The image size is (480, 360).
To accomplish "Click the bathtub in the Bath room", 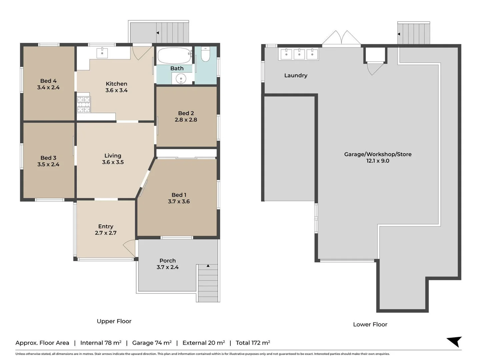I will pos(174,55).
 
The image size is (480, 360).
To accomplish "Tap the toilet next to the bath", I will pos(205,55).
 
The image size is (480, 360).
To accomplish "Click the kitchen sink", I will pos(102,53).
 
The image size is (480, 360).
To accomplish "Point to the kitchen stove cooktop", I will pos(84,104).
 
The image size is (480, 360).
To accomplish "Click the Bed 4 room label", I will pos(48,81).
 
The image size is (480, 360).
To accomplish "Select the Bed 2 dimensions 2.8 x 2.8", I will pos(186,120).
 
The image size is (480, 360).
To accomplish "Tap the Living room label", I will pos(113,156).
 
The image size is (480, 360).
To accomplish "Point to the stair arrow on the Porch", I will pos(208,266).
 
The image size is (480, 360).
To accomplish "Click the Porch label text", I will pos(167,261).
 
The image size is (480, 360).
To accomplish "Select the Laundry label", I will pos(296,75).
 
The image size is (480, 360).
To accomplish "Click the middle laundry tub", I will pos(299,54).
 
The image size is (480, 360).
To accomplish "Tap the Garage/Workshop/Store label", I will pos(378,154).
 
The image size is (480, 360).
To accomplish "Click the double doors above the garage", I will pos(341,38).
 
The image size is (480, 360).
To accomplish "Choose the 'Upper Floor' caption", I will pos(114,321).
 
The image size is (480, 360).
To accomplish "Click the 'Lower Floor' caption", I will pos(370,324).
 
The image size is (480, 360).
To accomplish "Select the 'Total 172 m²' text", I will pos(253,343).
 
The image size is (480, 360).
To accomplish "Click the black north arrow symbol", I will pos(455,341).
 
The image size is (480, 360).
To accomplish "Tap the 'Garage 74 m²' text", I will pos(152,343).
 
